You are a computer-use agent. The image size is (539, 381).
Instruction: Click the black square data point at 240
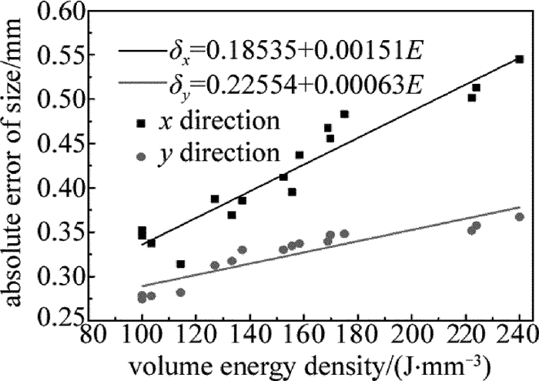click(520, 59)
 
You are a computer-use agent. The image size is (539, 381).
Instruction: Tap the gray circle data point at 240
click(520, 217)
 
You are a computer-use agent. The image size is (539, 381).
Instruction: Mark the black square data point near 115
click(181, 264)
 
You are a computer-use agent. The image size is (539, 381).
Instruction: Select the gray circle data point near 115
click(181, 292)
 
